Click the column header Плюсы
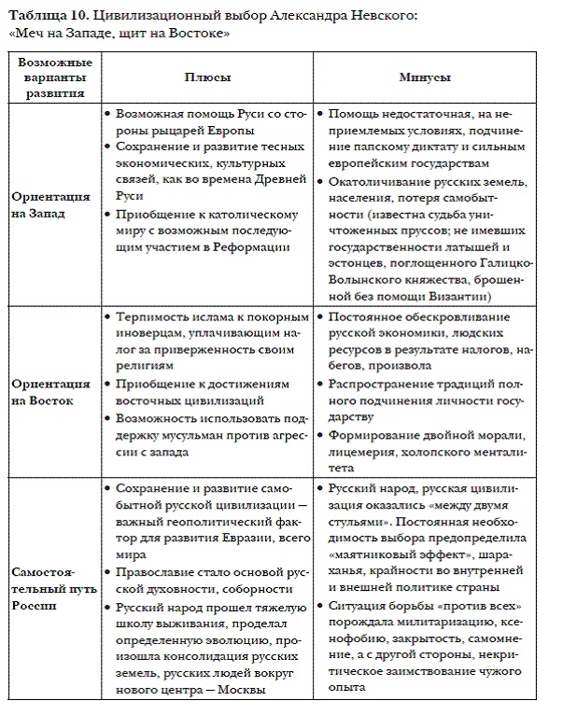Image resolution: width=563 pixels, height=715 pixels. click(x=207, y=78)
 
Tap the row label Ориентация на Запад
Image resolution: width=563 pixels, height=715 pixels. click(x=52, y=204)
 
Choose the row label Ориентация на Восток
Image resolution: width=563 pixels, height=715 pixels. click(x=52, y=392)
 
